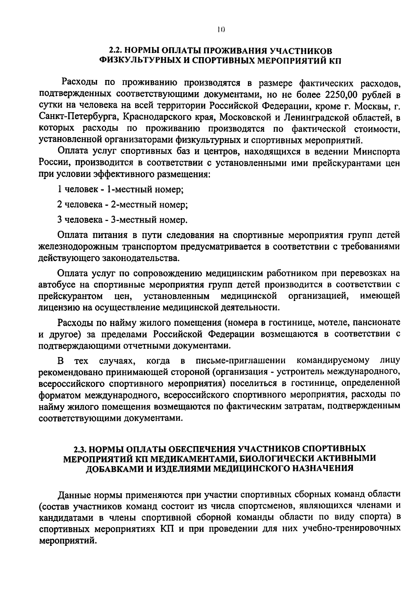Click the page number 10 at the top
pos(221,30)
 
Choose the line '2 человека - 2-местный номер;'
pos(122,204)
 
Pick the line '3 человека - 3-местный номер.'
pos(122,220)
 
